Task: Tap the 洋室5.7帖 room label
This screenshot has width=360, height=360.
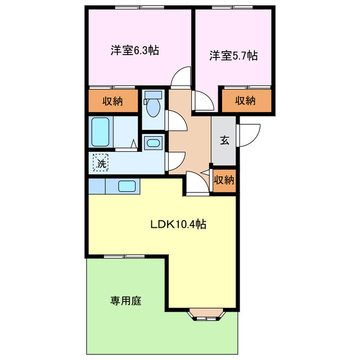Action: tap(234, 56)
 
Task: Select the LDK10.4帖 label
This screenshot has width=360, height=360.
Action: tap(178, 224)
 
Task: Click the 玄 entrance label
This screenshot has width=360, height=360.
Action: tap(224, 141)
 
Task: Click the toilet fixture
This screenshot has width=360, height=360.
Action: tap(152, 105)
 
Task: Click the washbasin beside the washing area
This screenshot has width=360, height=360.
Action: tap(152, 143)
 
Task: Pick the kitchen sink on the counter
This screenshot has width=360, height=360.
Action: tap(127, 186)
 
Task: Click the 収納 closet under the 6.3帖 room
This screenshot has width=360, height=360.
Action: tap(112, 101)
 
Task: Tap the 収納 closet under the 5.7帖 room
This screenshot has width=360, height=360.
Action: tap(245, 101)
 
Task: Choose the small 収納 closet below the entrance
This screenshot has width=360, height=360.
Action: tap(224, 180)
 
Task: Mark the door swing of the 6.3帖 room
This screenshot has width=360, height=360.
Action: tap(181, 78)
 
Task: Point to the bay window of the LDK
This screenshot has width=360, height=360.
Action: tap(208, 316)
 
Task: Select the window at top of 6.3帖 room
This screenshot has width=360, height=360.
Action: tap(139, 8)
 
